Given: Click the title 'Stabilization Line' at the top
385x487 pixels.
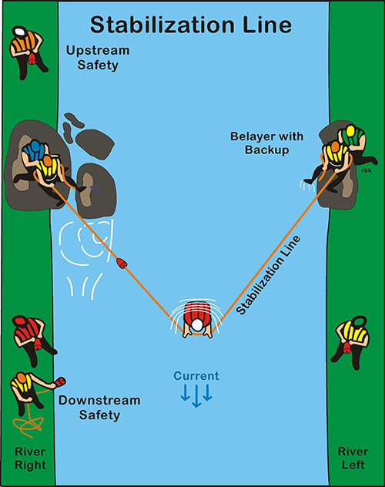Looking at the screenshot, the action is coord(191,25).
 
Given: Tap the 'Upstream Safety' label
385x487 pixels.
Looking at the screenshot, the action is coord(98,58).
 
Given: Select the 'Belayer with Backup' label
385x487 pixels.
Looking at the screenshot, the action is coord(266,143).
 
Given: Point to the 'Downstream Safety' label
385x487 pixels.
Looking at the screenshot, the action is coord(99,408).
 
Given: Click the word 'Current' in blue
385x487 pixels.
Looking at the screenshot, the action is coord(196,376).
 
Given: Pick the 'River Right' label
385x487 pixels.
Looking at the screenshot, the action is coord(30,458).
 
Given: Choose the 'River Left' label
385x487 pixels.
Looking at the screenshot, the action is coord(353,458).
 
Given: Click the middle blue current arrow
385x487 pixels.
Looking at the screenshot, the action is coord(196,396).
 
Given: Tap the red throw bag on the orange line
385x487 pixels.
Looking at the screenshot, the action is coord(122,264).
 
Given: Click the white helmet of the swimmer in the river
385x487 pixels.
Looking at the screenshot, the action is coord(197,325).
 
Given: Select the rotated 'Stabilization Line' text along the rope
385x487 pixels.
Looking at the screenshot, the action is coord(268,275).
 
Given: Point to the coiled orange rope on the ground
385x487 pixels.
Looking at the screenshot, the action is coord(28,425).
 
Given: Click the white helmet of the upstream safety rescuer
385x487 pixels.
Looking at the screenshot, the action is coord(19,32).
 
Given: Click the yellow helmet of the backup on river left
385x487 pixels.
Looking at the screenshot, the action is coord(350,131).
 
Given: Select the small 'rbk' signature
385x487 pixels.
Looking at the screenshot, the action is coord(367,170).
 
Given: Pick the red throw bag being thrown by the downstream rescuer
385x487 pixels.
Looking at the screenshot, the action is coord(60,381).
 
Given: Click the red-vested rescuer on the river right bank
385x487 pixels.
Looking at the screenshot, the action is coord(32,340).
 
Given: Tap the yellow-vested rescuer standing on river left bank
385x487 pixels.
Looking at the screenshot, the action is coord(351,341).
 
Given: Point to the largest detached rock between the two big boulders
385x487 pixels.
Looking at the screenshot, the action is coord(95,144).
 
